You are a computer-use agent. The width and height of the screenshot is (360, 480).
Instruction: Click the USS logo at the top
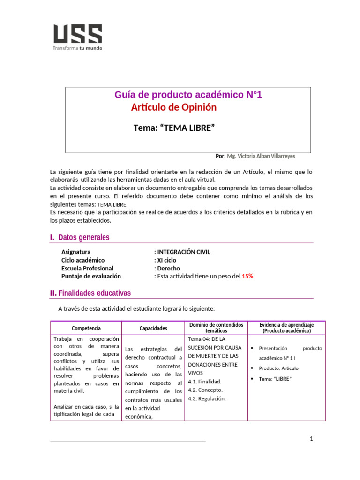coord(77,34)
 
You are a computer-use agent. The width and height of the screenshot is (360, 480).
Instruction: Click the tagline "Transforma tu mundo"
coord(77,48)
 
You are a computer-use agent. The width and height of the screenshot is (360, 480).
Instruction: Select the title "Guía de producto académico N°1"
coord(188,95)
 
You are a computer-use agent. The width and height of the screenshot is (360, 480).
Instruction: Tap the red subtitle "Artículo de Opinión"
coord(174,107)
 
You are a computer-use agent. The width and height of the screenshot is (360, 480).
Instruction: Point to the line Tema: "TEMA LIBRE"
coord(177,128)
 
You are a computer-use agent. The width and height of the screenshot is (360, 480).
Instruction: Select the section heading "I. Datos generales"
coord(80,237)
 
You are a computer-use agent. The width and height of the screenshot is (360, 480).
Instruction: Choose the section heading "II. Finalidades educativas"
coord(90,293)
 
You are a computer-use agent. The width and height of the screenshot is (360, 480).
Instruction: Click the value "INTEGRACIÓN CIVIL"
coord(183,252)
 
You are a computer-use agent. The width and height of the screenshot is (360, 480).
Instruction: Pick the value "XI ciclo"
coord(166,260)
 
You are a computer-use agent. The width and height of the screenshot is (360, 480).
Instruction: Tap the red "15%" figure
coord(247,277)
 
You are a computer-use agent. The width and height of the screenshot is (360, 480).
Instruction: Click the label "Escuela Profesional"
coord(87,268)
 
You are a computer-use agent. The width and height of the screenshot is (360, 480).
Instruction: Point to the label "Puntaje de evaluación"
coord(91,277)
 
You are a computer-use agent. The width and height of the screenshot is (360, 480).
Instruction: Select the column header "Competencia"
coord(86,329)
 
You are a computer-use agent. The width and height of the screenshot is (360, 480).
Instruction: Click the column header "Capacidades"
coord(153,329)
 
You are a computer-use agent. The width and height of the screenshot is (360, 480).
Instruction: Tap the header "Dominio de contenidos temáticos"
coord(216,328)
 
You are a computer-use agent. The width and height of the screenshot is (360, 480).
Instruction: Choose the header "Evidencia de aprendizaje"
coord(286,324)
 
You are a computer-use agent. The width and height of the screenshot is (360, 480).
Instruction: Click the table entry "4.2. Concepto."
coord(205,390)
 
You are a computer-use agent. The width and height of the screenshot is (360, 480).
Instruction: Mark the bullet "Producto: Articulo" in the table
coord(278,368)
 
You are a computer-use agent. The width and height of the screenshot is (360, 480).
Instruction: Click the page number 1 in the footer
coord(311,439)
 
